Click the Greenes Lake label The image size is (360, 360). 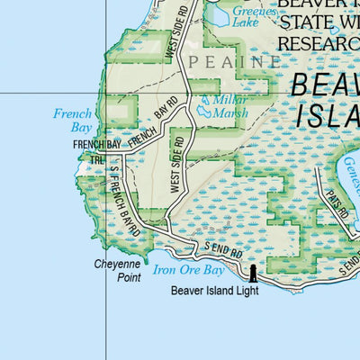coord(249,16)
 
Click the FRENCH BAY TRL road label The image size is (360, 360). coord(96,150)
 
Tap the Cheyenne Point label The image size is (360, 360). coord(118,271)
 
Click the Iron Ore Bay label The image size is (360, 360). coord(188,269)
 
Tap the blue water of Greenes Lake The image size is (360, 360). coord(216,13)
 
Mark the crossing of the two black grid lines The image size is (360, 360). coord(107,93)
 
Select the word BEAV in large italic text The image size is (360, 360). coord(325,85)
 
